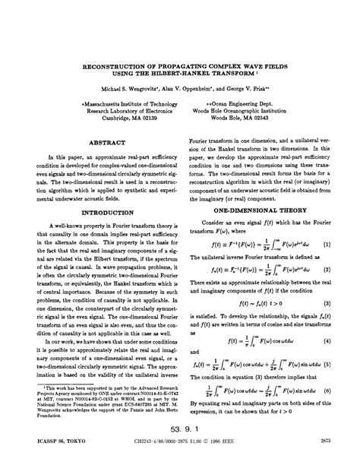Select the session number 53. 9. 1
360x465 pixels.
tap(188, 428)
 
